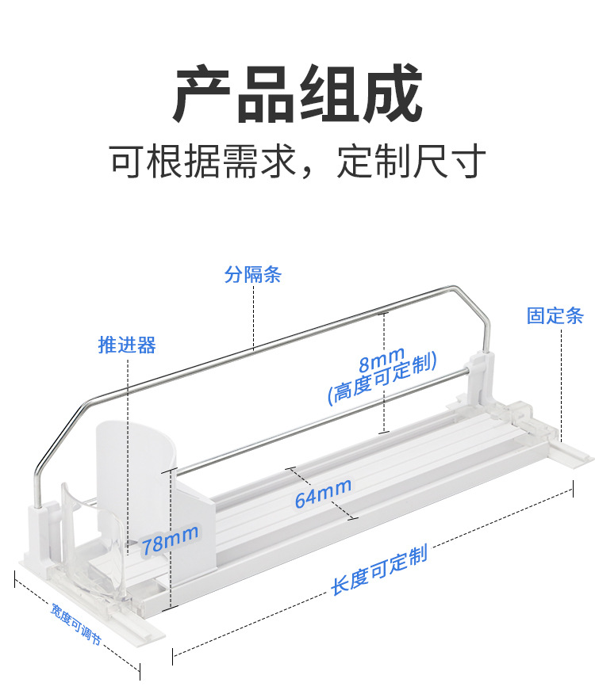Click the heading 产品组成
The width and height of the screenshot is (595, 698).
click(297, 95)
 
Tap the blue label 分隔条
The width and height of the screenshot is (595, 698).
click(253, 275)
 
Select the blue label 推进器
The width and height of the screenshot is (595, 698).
click(127, 345)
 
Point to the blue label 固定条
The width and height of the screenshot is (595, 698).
click(555, 316)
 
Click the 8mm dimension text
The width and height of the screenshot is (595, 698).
click(382, 360)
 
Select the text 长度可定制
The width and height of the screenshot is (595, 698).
click(379, 570)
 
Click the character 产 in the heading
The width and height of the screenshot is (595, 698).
click(204, 95)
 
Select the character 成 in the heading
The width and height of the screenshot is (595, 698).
click(390, 95)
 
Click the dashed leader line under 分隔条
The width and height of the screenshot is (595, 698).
click(253, 317)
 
